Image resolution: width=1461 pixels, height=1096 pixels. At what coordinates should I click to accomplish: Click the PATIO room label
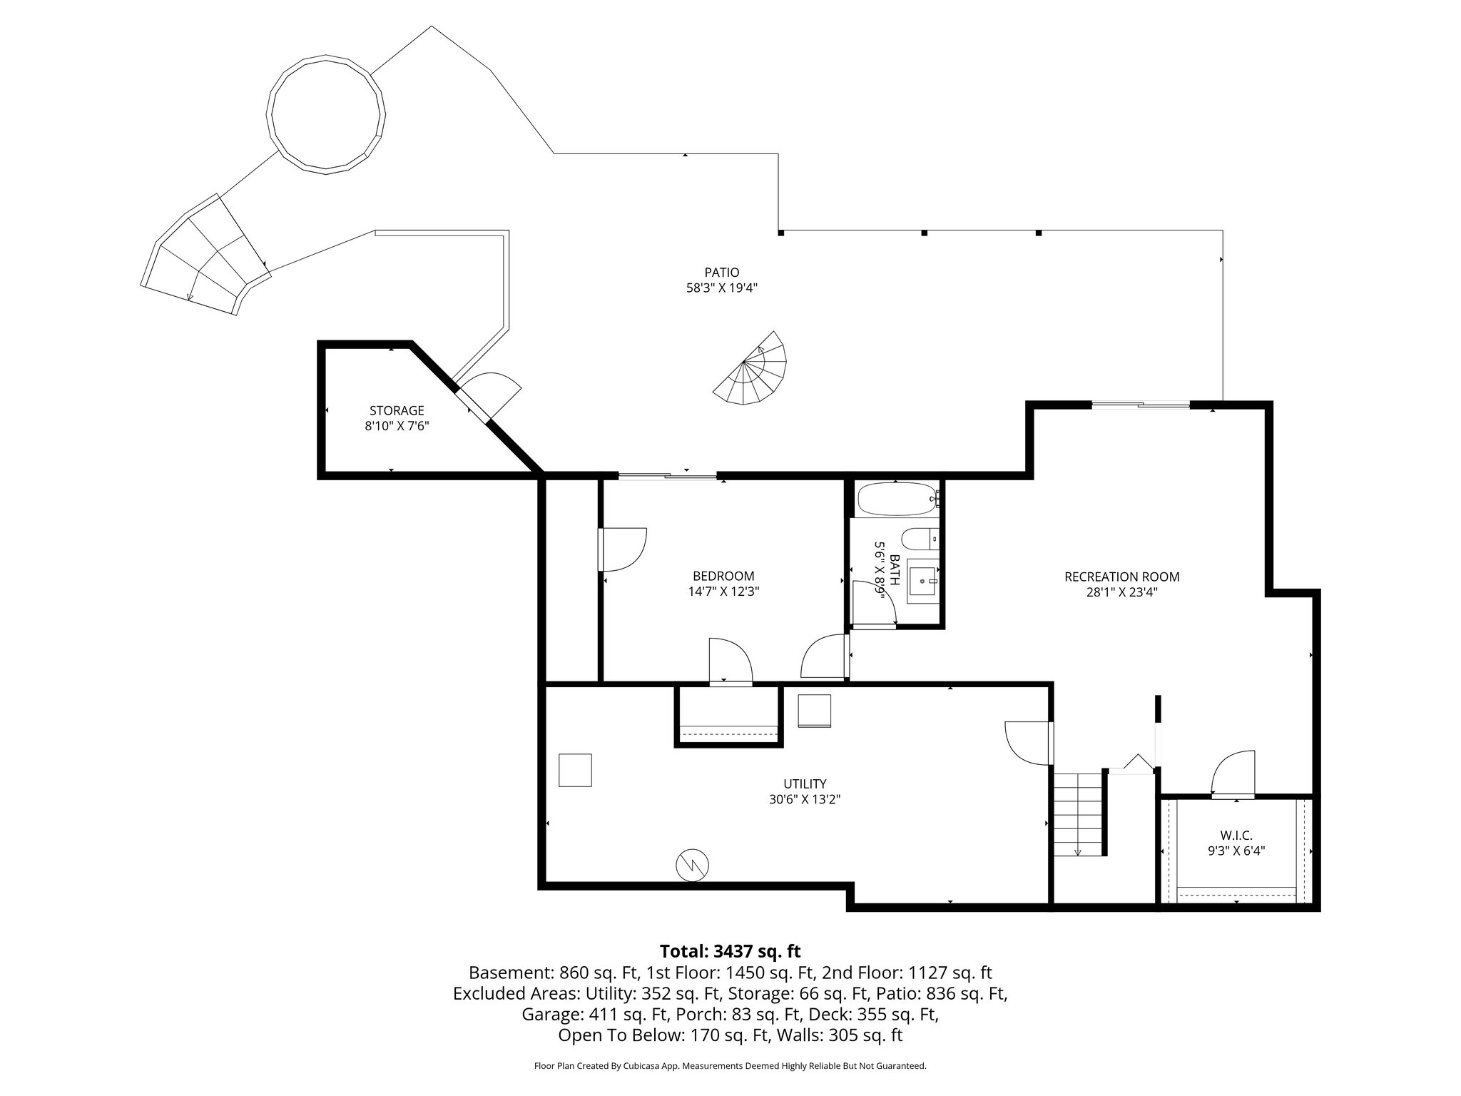721,272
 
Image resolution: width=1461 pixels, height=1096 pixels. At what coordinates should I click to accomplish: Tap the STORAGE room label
397,410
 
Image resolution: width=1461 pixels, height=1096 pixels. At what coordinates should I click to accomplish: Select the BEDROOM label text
723,576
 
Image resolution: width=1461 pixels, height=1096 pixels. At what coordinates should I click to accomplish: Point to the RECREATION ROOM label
1121,577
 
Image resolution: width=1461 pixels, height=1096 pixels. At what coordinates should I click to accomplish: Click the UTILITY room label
804,783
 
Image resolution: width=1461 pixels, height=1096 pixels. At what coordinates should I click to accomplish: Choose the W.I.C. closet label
1236,835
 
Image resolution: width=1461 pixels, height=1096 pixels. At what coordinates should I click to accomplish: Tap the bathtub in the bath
897,499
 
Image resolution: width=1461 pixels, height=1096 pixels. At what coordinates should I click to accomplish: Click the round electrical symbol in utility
692,865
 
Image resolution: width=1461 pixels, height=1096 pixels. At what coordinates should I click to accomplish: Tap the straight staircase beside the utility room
1079,813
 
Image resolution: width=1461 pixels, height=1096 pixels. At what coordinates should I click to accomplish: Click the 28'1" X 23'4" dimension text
1121,592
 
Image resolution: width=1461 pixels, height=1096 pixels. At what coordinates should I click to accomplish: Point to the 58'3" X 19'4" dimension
721,288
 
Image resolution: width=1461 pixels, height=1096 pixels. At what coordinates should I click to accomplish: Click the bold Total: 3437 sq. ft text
730,951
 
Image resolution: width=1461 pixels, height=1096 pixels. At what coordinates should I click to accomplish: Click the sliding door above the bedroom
667,476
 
